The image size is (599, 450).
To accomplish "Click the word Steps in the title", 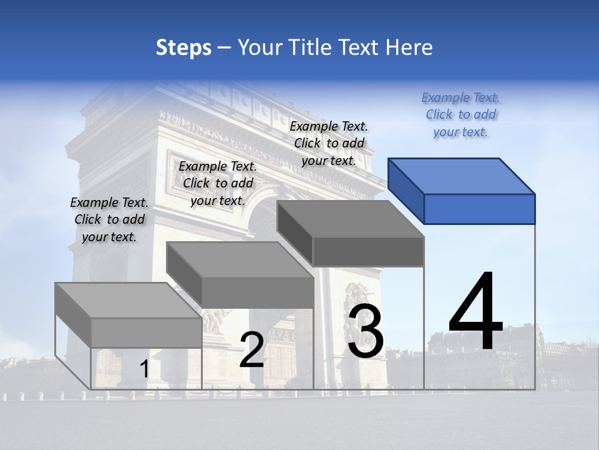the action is pyautogui.click(x=183, y=47).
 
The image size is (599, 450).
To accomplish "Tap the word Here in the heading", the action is pyautogui.click(x=409, y=47).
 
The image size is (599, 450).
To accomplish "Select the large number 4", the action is pyautogui.click(x=475, y=312).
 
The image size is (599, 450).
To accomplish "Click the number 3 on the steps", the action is pyautogui.click(x=366, y=332).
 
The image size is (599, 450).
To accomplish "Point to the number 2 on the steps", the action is pyautogui.click(x=251, y=350).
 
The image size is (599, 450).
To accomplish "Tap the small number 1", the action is pyautogui.click(x=144, y=369).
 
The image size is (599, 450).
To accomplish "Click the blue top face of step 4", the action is pyautogui.click(x=462, y=176).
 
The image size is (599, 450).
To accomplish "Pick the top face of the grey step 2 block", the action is pyautogui.click(x=240, y=260).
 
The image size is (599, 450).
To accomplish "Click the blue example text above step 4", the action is pyautogui.click(x=460, y=115).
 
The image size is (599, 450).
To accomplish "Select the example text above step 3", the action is pyautogui.click(x=329, y=143).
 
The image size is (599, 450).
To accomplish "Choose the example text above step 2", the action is pyautogui.click(x=218, y=184).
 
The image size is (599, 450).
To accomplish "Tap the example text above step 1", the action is pyautogui.click(x=109, y=220).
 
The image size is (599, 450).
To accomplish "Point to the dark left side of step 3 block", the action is pyautogui.click(x=295, y=233).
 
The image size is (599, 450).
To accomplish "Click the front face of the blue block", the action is pyautogui.click(x=479, y=209).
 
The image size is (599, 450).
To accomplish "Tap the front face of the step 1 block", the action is pyautogui.click(x=147, y=332).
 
